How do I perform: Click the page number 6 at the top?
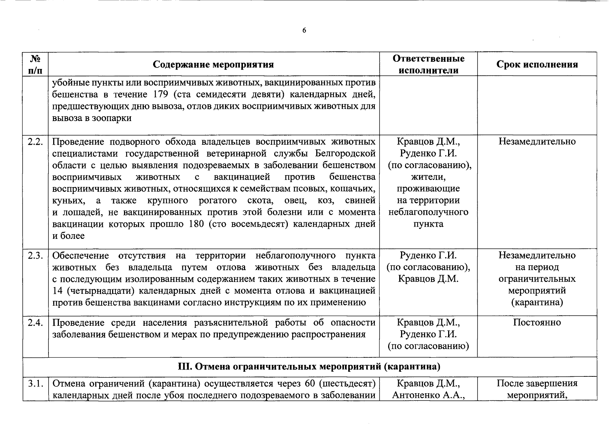pos(304,31)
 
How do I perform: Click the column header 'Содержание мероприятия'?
pos(213,64)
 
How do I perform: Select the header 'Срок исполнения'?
pos(537,64)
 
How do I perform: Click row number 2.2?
pos(35,142)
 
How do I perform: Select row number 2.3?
pos(35,256)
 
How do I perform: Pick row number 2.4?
pos(35,323)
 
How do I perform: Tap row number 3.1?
pos(35,383)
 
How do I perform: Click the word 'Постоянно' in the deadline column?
pos(537,323)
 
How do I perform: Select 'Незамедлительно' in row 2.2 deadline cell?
pos(537,142)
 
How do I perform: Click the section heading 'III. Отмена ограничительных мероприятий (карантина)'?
pos(309,367)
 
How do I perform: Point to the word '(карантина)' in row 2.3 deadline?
pos(537,302)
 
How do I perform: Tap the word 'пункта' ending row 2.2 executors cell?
pos(428,224)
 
